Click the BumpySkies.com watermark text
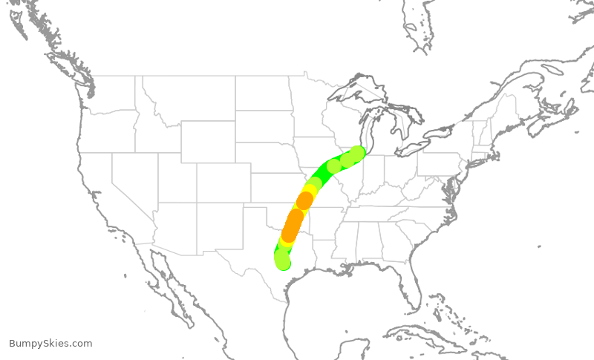coord(50,343)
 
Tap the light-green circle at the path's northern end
coord(358,154)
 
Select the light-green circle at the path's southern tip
coord(283,261)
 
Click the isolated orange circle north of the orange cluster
coord(304,200)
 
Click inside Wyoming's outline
coord(208,140)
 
